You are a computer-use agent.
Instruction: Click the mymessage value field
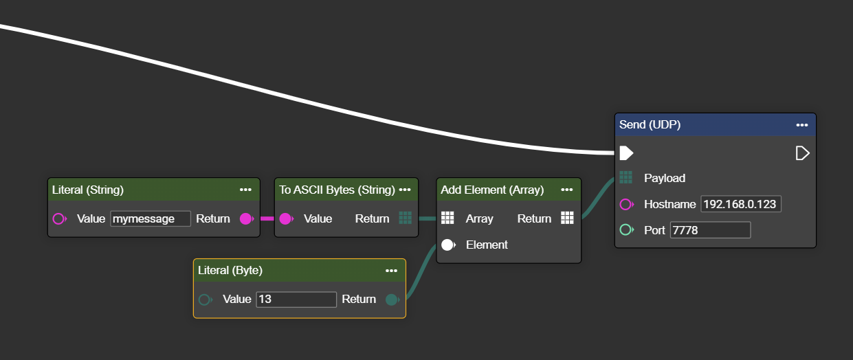150,218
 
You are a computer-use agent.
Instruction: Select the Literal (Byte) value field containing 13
296,300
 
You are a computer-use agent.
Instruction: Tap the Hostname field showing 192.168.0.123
740,204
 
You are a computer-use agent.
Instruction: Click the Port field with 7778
710,230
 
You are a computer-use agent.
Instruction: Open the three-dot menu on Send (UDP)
801,125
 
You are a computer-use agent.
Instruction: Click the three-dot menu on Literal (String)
245,190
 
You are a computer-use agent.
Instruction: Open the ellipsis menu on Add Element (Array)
566,190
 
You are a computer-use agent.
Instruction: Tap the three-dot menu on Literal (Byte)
391,271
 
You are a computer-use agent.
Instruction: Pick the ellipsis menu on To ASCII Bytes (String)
404,190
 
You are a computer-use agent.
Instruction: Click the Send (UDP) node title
650,125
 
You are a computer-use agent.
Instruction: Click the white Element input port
448,245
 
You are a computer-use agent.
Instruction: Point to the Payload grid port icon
625,178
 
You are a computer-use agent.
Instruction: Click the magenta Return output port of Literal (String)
245,218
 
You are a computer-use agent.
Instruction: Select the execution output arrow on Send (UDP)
802,153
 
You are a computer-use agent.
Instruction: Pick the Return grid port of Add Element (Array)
566,218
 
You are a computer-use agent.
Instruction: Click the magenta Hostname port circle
625,204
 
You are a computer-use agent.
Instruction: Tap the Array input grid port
447,218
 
